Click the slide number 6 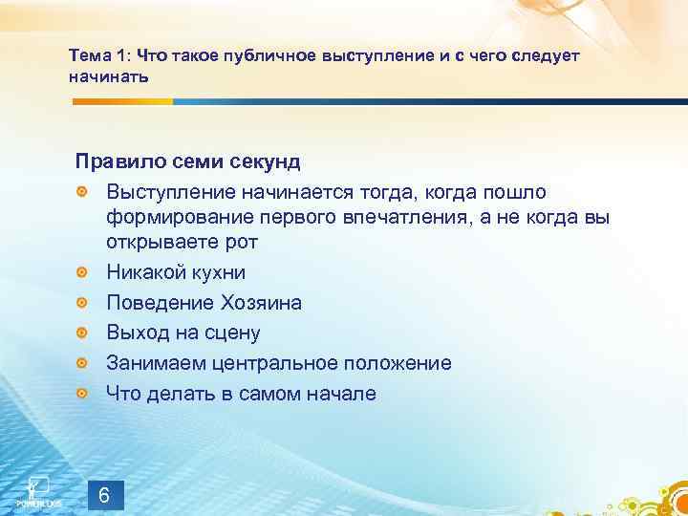click(x=105, y=470)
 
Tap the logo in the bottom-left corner click(x=35, y=488)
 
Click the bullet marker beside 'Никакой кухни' click(x=82, y=273)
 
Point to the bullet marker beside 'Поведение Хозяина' click(x=82, y=303)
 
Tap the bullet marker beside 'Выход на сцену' click(x=82, y=333)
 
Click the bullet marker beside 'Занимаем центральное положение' click(x=82, y=364)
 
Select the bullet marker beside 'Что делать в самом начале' click(x=82, y=394)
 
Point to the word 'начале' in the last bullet click(x=342, y=394)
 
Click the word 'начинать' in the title click(x=109, y=75)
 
